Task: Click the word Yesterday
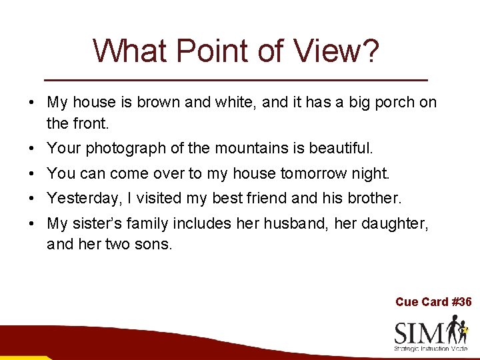point(80,198)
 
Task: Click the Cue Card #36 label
point(433,302)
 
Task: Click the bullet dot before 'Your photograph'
point(32,148)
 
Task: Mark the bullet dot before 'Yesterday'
point(32,199)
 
